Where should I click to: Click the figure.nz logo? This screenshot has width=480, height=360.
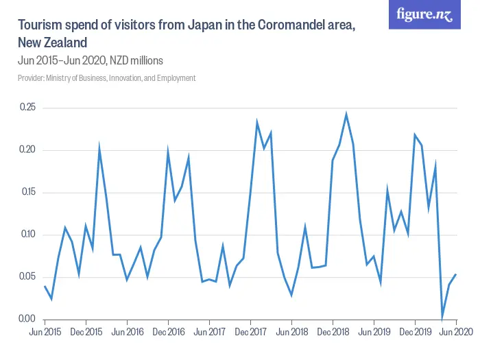coord(424,15)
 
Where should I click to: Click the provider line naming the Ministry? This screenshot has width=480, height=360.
coord(106,78)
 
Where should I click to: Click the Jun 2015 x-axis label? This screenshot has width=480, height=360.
coord(45,332)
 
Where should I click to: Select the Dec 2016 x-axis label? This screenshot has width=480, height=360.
coord(168,332)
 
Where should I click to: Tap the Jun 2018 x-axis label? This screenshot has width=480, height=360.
coord(291,332)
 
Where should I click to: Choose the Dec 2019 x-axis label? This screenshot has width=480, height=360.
coord(415,332)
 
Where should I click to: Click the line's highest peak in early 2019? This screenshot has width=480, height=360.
coord(346,114)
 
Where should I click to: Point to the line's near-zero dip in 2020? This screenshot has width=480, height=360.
coord(442,318)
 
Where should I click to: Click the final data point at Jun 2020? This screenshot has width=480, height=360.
coord(456,274)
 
